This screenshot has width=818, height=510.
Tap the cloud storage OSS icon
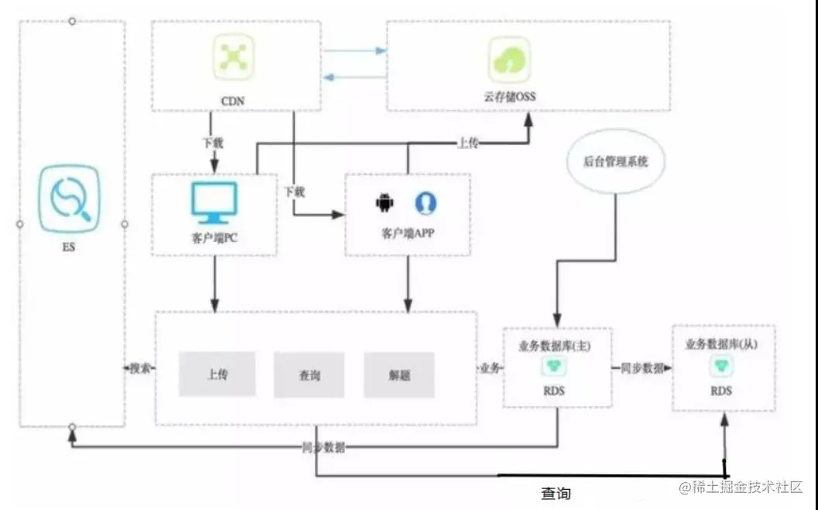509,60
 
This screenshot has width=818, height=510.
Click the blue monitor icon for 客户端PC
215,201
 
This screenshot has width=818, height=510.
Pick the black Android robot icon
384,203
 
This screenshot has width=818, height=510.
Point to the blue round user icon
425,203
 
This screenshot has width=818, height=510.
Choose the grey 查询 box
309,375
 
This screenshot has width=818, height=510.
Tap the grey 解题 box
400,375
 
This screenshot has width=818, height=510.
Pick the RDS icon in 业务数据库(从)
720,366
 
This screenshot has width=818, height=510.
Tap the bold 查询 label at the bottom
555,493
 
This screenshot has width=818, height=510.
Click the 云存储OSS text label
509,97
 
